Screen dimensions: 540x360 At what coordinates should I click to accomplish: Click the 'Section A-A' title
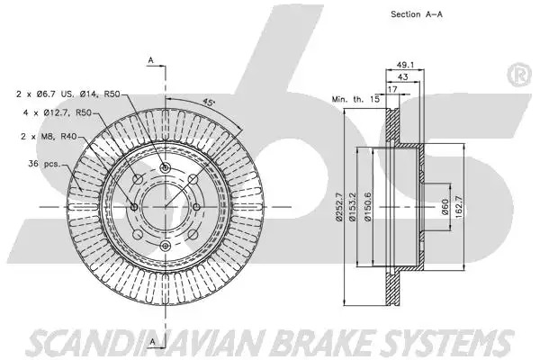pos(417,14)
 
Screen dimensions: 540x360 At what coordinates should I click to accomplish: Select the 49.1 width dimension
pos(405,65)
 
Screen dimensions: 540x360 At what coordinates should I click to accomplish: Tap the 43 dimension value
pos(402,76)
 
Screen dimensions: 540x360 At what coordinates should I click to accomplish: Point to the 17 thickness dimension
pos(392,89)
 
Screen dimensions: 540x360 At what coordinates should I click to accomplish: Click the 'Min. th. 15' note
pos(355,99)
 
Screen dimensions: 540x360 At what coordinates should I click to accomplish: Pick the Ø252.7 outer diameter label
pos(338,207)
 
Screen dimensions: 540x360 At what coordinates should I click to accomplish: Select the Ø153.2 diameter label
pos(351,207)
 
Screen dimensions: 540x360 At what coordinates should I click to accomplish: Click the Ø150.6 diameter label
pos(368,207)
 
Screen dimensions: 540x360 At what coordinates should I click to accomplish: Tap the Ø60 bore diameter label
pos(445,207)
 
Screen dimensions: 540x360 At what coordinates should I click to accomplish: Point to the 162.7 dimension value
pos(458,207)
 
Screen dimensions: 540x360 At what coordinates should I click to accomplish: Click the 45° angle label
pos(208,102)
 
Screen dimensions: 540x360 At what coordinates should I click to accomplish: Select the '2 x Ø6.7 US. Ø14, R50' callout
pos(67,94)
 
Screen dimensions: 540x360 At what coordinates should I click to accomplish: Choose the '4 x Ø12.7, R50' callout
pos(58,112)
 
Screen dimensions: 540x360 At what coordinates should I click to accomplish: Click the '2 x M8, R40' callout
pos(49,137)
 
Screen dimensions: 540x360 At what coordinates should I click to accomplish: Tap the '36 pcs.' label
pos(44,164)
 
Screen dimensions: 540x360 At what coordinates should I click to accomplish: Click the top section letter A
pos(151,60)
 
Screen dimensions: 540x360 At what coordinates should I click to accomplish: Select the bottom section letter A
pos(152,342)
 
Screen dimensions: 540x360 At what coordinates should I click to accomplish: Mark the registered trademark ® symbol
pos(518,75)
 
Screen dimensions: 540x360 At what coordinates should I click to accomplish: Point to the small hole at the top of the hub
pos(166,167)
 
